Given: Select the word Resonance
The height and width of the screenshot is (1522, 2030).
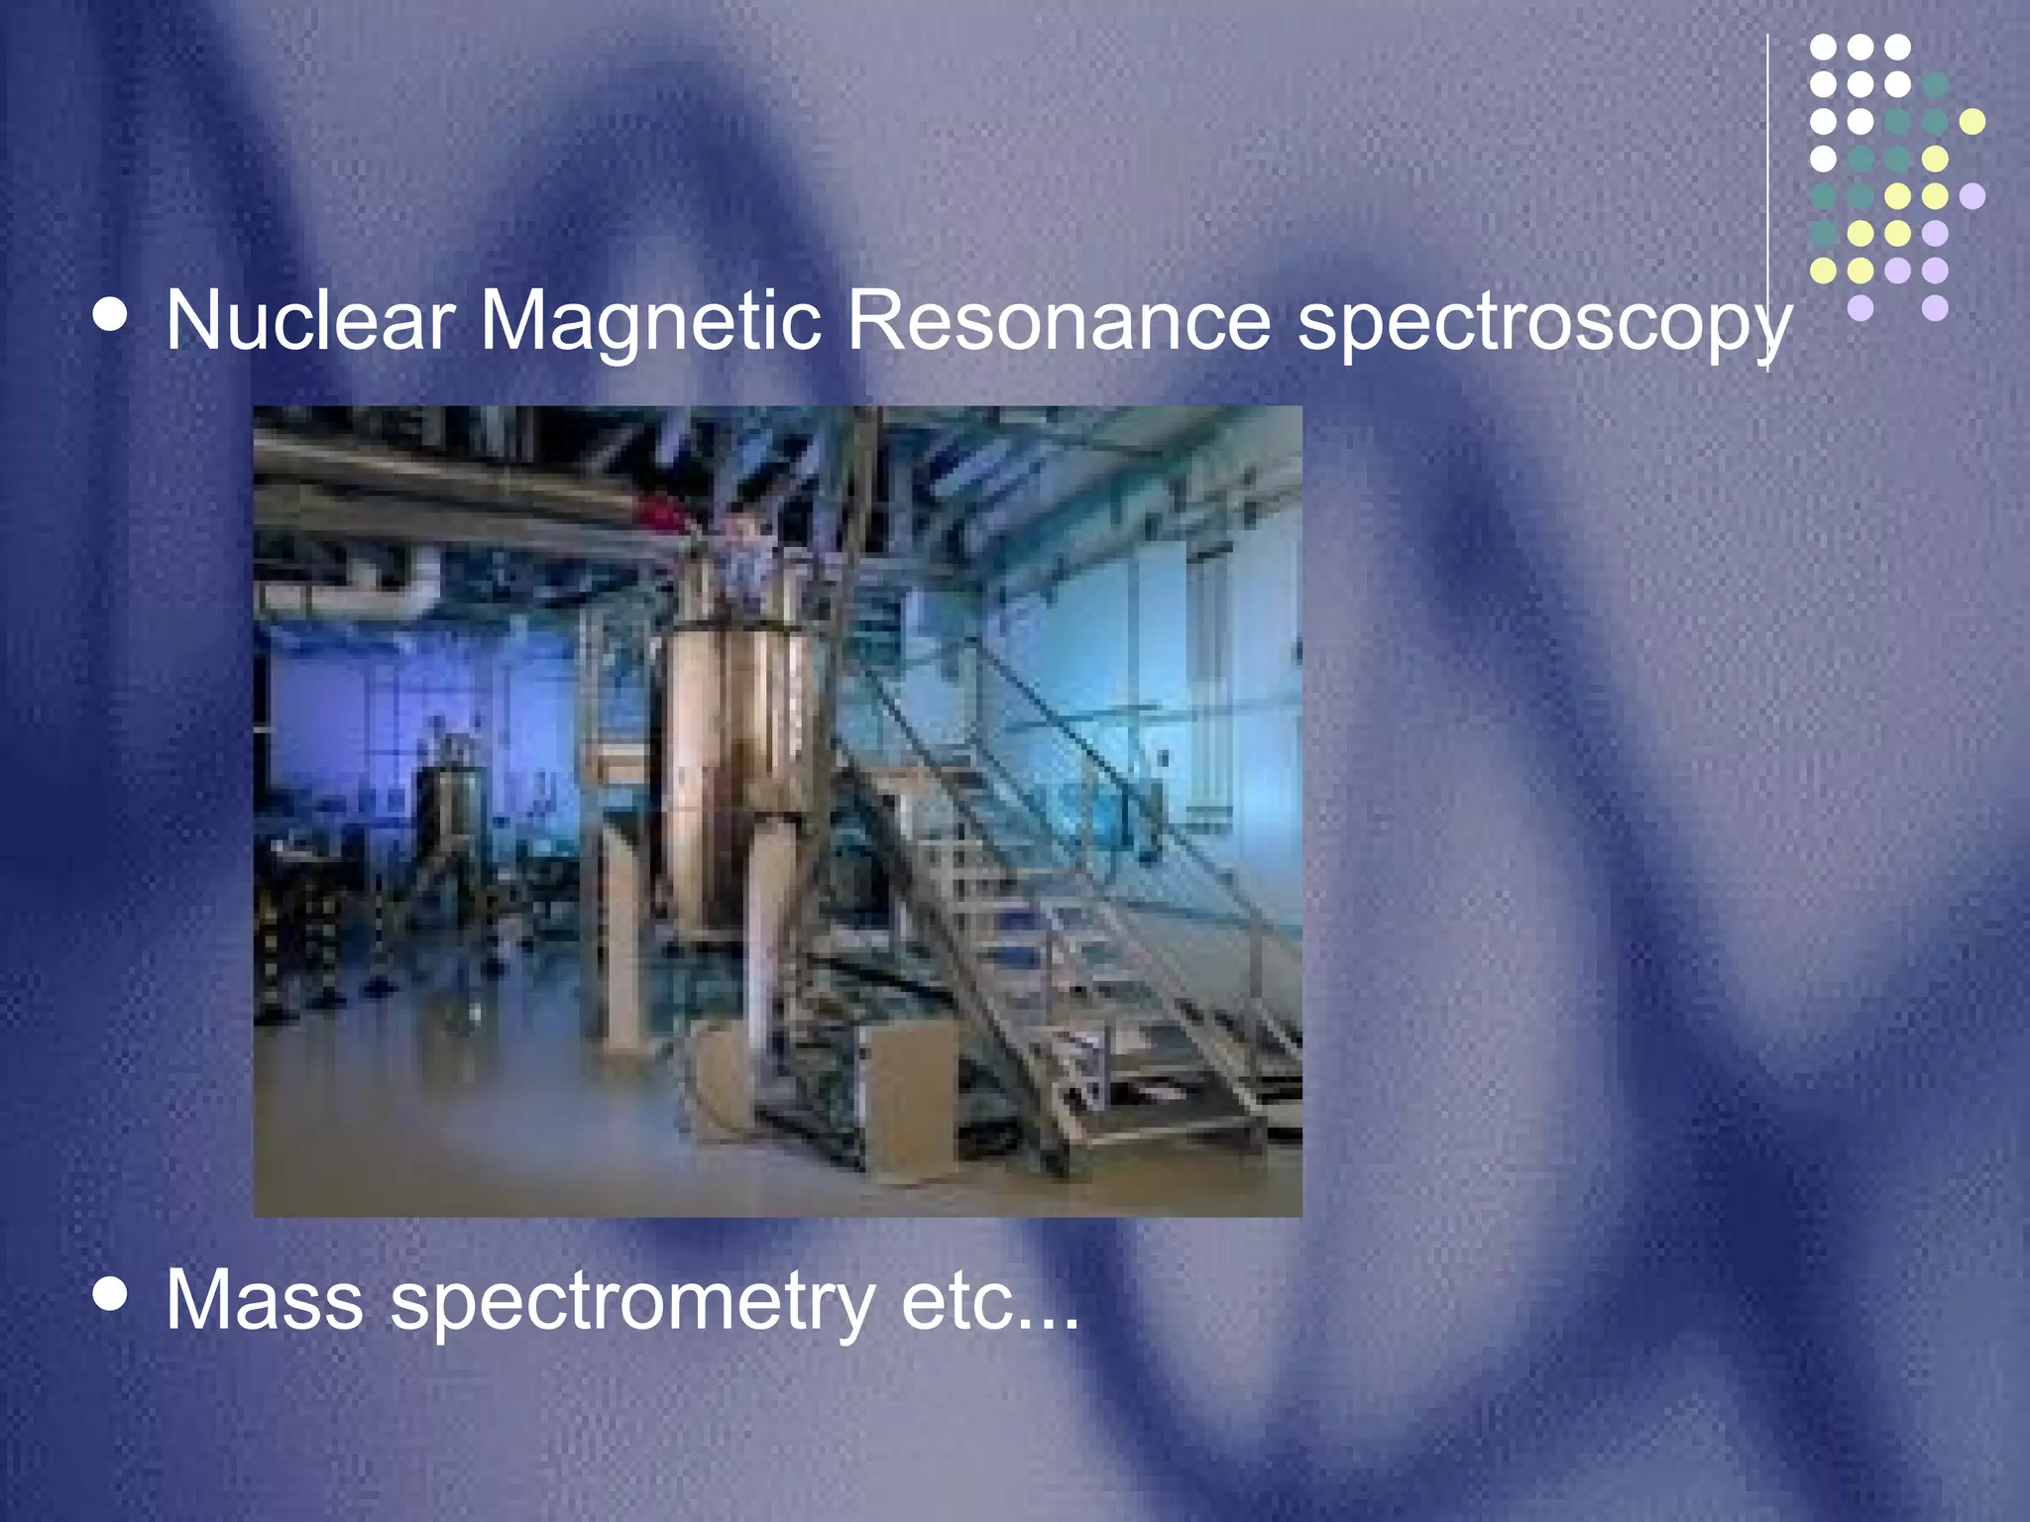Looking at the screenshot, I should (x=1059, y=321).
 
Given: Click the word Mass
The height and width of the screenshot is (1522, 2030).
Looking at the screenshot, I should (x=264, y=1300).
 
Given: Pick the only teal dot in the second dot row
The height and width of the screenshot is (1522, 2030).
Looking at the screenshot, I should (x=1935, y=84).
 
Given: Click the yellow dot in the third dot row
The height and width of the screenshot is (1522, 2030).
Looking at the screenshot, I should (x=1973, y=122).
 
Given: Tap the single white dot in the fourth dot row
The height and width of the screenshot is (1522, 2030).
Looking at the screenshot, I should (x=1823, y=159).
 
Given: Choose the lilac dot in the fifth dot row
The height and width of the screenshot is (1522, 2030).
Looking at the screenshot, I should (x=1973, y=196).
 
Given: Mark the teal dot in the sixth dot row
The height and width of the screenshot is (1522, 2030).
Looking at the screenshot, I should (x=1823, y=233).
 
